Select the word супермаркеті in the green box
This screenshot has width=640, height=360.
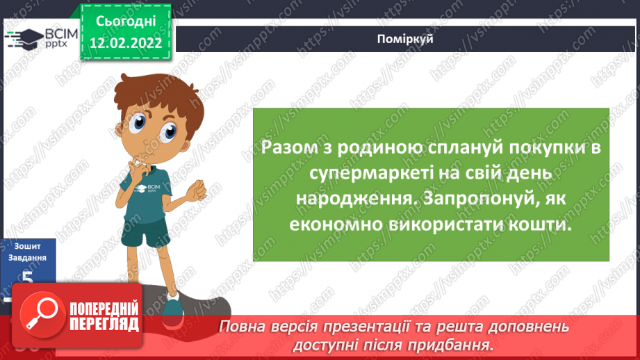point(329,172)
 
